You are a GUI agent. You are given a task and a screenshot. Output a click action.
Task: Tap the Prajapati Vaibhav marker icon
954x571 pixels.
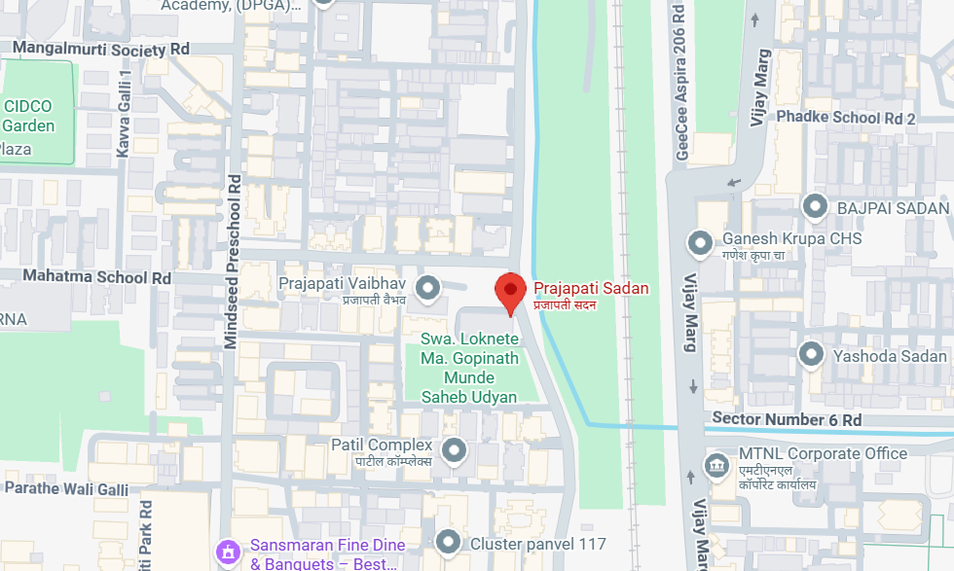click(426, 288)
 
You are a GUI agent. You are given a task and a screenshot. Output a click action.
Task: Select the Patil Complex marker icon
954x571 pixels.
click(453, 450)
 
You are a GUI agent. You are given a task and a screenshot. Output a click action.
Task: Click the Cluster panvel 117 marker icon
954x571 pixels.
click(448, 542)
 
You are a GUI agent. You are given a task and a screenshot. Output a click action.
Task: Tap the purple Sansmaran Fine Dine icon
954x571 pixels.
click(228, 552)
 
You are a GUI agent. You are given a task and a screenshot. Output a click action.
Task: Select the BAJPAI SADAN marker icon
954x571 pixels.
click(814, 207)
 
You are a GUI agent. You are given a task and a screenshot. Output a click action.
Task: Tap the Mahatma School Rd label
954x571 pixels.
click(86, 277)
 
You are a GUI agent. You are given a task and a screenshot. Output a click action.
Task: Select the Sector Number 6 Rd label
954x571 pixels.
click(787, 419)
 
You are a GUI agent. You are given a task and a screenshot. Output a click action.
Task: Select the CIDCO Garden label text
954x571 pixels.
click(28, 116)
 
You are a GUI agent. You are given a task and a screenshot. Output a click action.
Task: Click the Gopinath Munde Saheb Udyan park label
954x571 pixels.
click(468, 368)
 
